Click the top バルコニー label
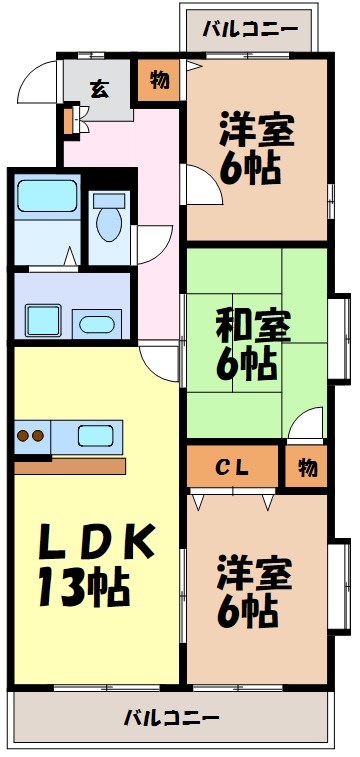(x=249, y=29)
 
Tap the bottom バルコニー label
(x=171, y=717)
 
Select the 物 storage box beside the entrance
(x=159, y=79)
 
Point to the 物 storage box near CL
(x=306, y=467)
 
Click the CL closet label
(x=232, y=467)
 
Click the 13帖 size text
(x=85, y=587)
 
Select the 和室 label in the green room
(x=254, y=326)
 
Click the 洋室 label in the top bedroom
(x=256, y=130)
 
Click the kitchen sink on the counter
(x=95, y=436)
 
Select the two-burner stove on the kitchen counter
(x=31, y=436)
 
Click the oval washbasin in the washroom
(x=97, y=323)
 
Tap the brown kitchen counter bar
(x=70, y=466)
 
